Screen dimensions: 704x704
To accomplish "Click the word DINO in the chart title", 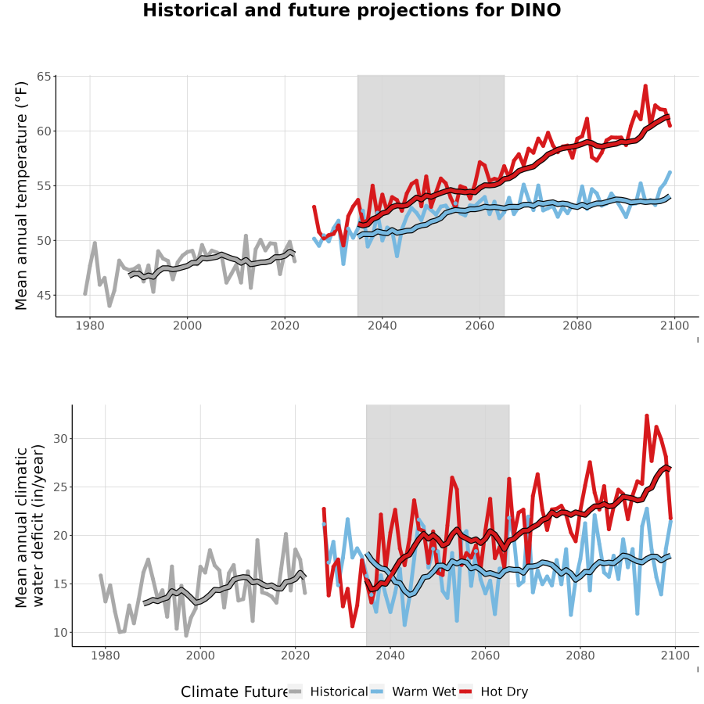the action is (535, 10).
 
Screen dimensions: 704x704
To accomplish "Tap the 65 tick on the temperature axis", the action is (44, 77).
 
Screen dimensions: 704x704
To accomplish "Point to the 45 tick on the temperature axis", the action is (44, 296).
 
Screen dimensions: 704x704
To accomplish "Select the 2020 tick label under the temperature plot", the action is (285, 325).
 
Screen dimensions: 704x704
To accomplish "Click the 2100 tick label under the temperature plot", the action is (674, 325).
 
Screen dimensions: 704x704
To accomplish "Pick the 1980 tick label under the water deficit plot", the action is (105, 656).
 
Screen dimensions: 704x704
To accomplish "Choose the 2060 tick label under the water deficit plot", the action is (485, 656).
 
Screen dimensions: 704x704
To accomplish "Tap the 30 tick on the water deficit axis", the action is (60, 439).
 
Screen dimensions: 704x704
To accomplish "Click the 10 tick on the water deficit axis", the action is (60, 633).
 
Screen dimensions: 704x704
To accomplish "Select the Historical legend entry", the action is (327, 691).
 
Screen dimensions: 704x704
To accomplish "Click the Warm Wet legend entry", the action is (412, 691).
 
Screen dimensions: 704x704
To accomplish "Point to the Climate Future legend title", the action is (234, 692).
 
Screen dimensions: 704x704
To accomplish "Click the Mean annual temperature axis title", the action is (21, 196).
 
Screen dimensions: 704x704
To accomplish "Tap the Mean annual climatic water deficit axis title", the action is (29, 526).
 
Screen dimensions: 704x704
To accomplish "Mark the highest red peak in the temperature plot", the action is (645, 85).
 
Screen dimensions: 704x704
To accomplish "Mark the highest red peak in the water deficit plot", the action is (647, 416).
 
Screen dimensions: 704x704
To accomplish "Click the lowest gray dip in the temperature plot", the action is (109, 306).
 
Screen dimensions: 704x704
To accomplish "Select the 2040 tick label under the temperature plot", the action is (382, 325).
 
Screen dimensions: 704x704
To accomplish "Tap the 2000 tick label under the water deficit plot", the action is (200, 656).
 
